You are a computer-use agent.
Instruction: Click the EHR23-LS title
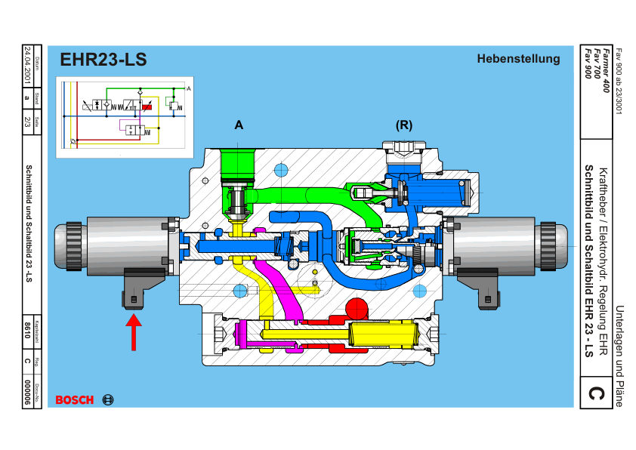[103, 60]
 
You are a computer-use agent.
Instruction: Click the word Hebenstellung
[518, 59]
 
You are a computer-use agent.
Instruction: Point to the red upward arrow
[133, 332]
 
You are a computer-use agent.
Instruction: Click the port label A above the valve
[239, 125]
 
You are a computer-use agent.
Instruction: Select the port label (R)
[404, 125]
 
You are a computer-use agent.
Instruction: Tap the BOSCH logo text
[75, 399]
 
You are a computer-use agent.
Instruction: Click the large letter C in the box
[596, 394]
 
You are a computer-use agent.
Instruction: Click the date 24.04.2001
[28, 65]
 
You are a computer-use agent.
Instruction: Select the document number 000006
[28, 393]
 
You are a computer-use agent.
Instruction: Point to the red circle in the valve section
[357, 307]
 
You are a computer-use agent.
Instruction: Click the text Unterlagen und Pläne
[619, 355]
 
